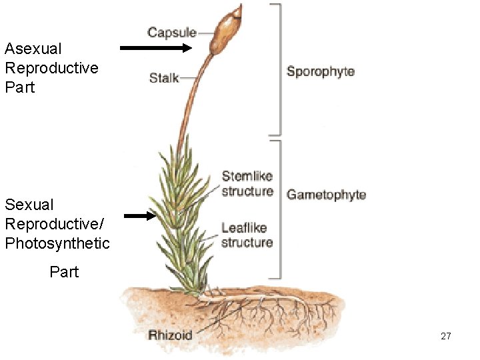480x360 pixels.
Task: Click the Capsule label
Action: click(x=172, y=32)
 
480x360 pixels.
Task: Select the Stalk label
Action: click(x=164, y=78)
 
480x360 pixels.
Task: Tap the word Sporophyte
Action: click(x=321, y=71)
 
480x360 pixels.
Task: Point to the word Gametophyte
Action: click(x=326, y=195)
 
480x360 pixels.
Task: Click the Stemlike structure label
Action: click(x=247, y=184)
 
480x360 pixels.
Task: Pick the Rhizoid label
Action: click(x=170, y=335)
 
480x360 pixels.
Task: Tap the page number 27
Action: click(x=446, y=336)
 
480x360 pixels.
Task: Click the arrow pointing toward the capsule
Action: click(x=155, y=48)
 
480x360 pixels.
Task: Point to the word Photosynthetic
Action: click(x=57, y=243)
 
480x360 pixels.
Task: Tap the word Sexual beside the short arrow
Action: click(x=29, y=205)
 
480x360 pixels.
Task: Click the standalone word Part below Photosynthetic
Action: click(x=64, y=272)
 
